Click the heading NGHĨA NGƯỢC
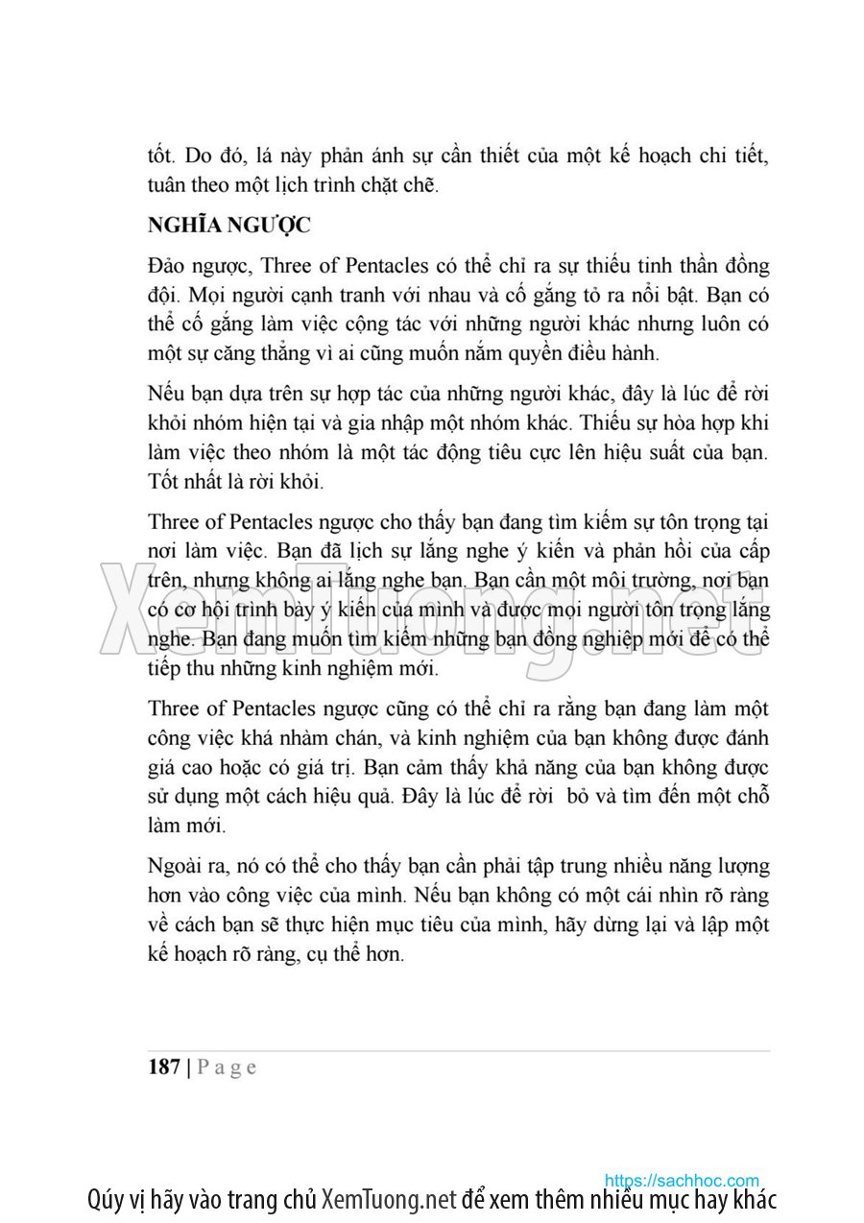tap(228, 227)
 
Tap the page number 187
tap(165, 1067)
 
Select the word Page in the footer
tap(228, 1067)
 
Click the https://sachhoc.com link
tap(682, 1180)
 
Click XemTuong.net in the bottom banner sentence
tap(388, 1200)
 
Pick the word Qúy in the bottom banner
tap(106, 1201)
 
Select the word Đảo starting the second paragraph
tap(169, 265)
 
